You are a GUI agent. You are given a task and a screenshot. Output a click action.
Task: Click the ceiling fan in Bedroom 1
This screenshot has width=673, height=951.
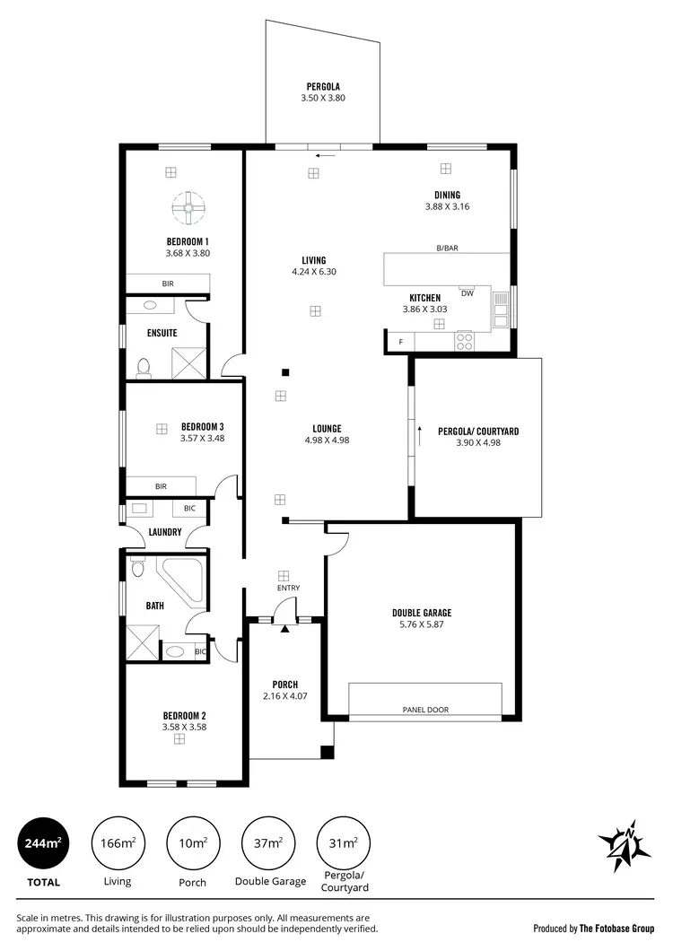(x=189, y=208)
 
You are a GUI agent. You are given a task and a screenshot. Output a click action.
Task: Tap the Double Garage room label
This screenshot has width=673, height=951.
(x=421, y=613)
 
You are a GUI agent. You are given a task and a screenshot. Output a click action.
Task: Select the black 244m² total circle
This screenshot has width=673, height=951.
(x=42, y=842)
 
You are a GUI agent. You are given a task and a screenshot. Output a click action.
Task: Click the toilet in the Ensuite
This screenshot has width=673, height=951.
(x=144, y=366)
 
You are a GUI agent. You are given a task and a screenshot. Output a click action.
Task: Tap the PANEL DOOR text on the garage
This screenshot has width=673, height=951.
(x=425, y=710)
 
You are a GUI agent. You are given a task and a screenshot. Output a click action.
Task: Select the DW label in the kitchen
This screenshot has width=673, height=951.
(x=467, y=293)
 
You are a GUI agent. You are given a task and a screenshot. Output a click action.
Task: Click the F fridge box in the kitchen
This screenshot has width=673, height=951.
(x=400, y=342)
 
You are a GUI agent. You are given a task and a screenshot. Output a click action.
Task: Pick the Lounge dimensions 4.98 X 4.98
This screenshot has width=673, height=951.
(x=327, y=440)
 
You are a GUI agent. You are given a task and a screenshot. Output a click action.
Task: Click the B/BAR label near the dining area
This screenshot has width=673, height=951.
(x=448, y=248)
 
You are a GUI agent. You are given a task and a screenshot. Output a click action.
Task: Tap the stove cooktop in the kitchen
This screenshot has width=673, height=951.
(x=465, y=341)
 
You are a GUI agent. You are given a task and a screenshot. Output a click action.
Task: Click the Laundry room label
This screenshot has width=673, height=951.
(x=165, y=532)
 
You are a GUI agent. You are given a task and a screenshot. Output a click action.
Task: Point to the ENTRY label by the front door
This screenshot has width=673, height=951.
(x=288, y=589)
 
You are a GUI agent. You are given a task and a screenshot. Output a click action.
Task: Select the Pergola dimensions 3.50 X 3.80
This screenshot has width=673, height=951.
(x=323, y=97)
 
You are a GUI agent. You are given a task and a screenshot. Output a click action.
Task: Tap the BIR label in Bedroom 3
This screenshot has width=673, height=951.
(x=161, y=486)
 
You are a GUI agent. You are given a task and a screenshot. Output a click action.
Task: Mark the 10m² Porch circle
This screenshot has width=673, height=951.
(x=194, y=842)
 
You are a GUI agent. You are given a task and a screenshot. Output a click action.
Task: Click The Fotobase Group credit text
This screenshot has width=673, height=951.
(x=616, y=929)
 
